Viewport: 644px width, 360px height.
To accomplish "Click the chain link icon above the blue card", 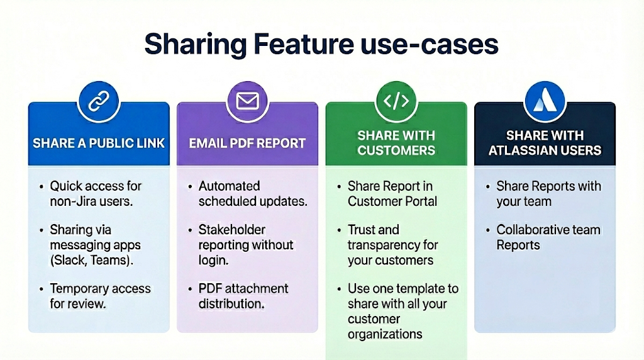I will click(98, 101).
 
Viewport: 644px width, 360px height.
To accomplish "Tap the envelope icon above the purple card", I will click(247, 101).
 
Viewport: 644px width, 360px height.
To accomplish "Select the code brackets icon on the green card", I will click(396, 101).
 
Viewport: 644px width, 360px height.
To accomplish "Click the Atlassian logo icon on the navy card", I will click(545, 101).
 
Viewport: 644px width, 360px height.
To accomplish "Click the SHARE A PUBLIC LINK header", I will click(99, 143).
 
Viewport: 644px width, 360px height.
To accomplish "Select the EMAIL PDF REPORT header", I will click(248, 143).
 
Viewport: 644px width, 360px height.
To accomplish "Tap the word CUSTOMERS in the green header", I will click(396, 150).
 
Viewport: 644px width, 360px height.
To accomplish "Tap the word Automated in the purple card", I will click(230, 186).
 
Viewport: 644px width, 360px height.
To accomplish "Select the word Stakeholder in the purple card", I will click(232, 230).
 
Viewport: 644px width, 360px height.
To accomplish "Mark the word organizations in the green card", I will click(385, 334).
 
